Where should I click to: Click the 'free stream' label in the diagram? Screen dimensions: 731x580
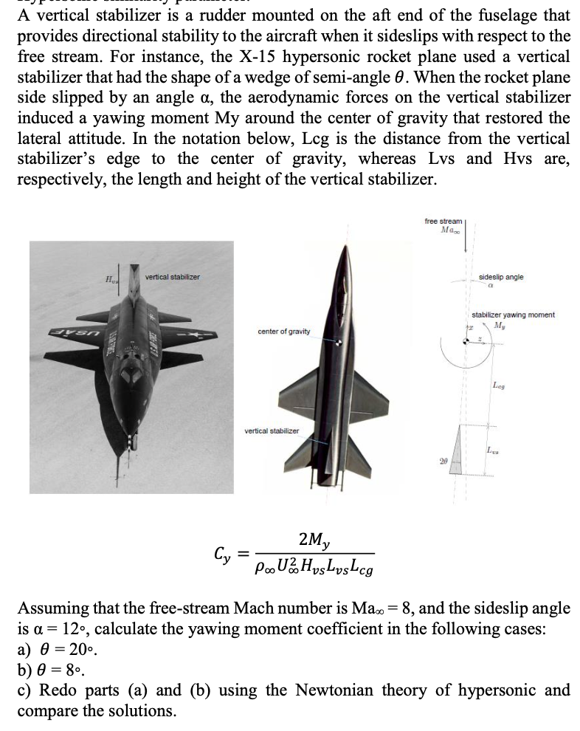click(443, 221)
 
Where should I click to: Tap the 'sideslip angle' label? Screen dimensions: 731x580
click(501, 276)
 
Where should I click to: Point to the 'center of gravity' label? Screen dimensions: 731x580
click(284, 331)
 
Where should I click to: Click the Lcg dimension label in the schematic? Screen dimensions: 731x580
click(499, 385)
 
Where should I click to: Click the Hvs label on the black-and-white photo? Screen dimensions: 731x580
click(112, 278)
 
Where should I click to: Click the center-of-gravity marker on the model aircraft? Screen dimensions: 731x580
click(339, 342)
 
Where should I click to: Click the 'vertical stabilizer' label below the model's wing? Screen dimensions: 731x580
click(272, 430)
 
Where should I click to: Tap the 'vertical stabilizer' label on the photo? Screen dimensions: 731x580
click(172, 277)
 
